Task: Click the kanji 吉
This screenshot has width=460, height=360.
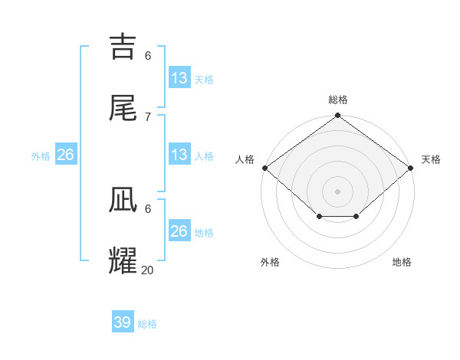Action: tap(125, 47)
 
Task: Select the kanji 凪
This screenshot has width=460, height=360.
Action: tap(125, 200)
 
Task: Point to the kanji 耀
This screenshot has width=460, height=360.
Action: tap(125, 261)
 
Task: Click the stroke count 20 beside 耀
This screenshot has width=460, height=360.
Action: tap(148, 270)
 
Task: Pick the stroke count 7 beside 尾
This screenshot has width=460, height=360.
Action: tap(148, 116)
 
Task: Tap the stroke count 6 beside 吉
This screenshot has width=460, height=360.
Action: tap(148, 55)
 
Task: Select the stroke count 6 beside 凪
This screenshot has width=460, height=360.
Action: tap(148, 208)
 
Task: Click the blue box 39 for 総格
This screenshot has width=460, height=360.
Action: tap(123, 322)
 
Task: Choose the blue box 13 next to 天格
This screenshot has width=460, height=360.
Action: tap(179, 78)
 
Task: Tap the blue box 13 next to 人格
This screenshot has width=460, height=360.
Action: tap(179, 155)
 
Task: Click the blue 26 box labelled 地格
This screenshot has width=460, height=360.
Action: tap(179, 231)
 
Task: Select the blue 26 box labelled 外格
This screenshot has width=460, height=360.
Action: tap(66, 155)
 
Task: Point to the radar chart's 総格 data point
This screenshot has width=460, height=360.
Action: tap(337, 116)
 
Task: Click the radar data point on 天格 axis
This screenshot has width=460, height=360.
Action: tap(411, 168)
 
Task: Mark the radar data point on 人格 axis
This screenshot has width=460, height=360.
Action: tap(264, 168)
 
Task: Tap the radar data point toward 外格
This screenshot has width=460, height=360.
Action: tap(319, 218)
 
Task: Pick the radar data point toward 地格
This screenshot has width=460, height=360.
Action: tap(356, 218)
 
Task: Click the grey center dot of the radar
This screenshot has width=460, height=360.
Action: tap(337, 191)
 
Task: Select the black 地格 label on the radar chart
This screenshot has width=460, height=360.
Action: tap(402, 263)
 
